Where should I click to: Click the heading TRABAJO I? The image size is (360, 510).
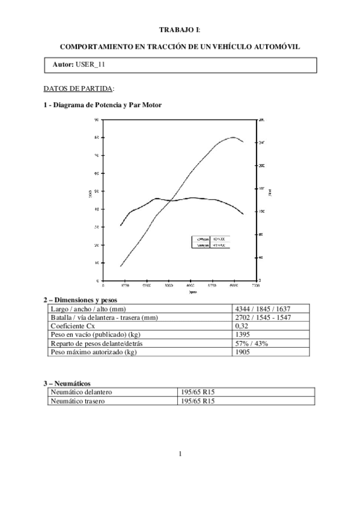[x=180, y=29]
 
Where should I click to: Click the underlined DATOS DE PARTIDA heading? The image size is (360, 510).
[x=79, y=88]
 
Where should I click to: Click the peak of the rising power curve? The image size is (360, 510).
[x=233, y=137]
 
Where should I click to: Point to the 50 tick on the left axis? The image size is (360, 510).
[x=98, y=191]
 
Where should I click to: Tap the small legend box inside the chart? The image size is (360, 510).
[x=211, y=242]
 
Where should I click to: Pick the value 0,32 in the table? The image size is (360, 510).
[x=242, y=326]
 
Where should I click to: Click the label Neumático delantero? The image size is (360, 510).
[x=82, y=392]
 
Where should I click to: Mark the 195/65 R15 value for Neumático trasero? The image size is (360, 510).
[x=198, y=401]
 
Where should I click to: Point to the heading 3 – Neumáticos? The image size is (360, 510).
[x=67, y=382]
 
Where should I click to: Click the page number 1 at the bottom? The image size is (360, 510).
[x=180, y=453]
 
